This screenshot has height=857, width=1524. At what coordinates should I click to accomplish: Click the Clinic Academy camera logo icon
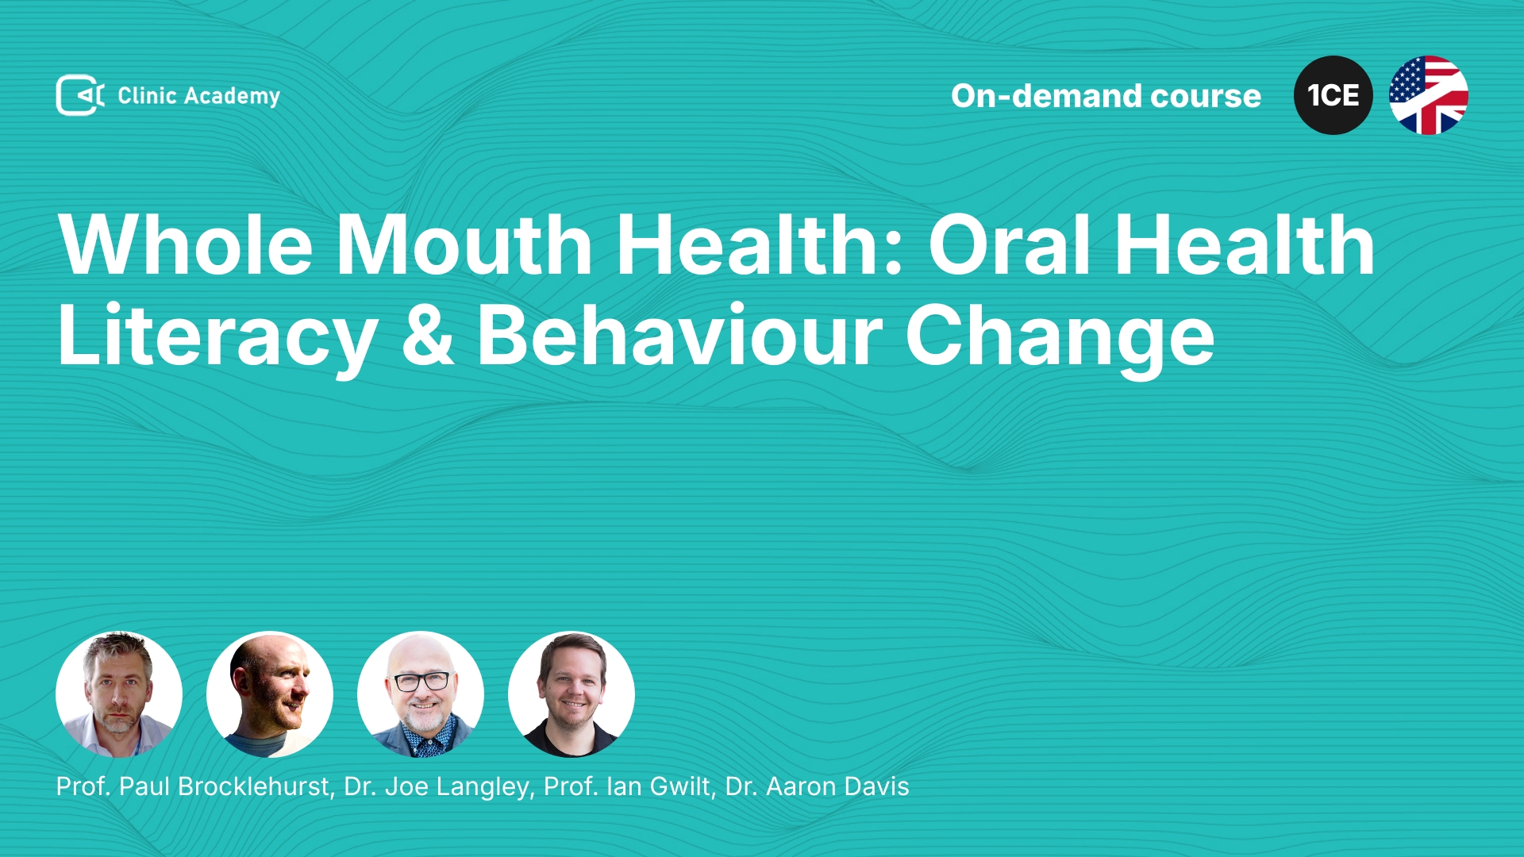(x=80, y=95)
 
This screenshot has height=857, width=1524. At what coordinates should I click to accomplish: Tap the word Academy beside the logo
(x=232, y=97)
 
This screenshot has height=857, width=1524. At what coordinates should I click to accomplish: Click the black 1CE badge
(x=1333, y=95)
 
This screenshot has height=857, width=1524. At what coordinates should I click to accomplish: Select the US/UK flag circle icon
(x=1429, y=95)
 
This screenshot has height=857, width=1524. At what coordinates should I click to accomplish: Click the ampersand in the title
(x=427, y=336)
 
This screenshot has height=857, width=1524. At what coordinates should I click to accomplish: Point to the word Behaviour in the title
(x=679, y=336)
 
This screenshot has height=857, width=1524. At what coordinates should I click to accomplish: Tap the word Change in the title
(x=1060, y=337)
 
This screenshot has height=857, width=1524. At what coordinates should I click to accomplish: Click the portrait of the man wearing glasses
(x=421, y=694)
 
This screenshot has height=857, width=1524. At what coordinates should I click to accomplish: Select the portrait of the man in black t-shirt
(x=571, y=694)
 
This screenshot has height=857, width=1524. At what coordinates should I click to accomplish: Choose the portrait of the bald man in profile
(x=270, y=694)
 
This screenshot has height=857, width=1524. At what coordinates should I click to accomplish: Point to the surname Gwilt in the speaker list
(x=683, y=787)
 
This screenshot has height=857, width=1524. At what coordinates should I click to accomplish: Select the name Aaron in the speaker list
(x=801, y=787)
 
